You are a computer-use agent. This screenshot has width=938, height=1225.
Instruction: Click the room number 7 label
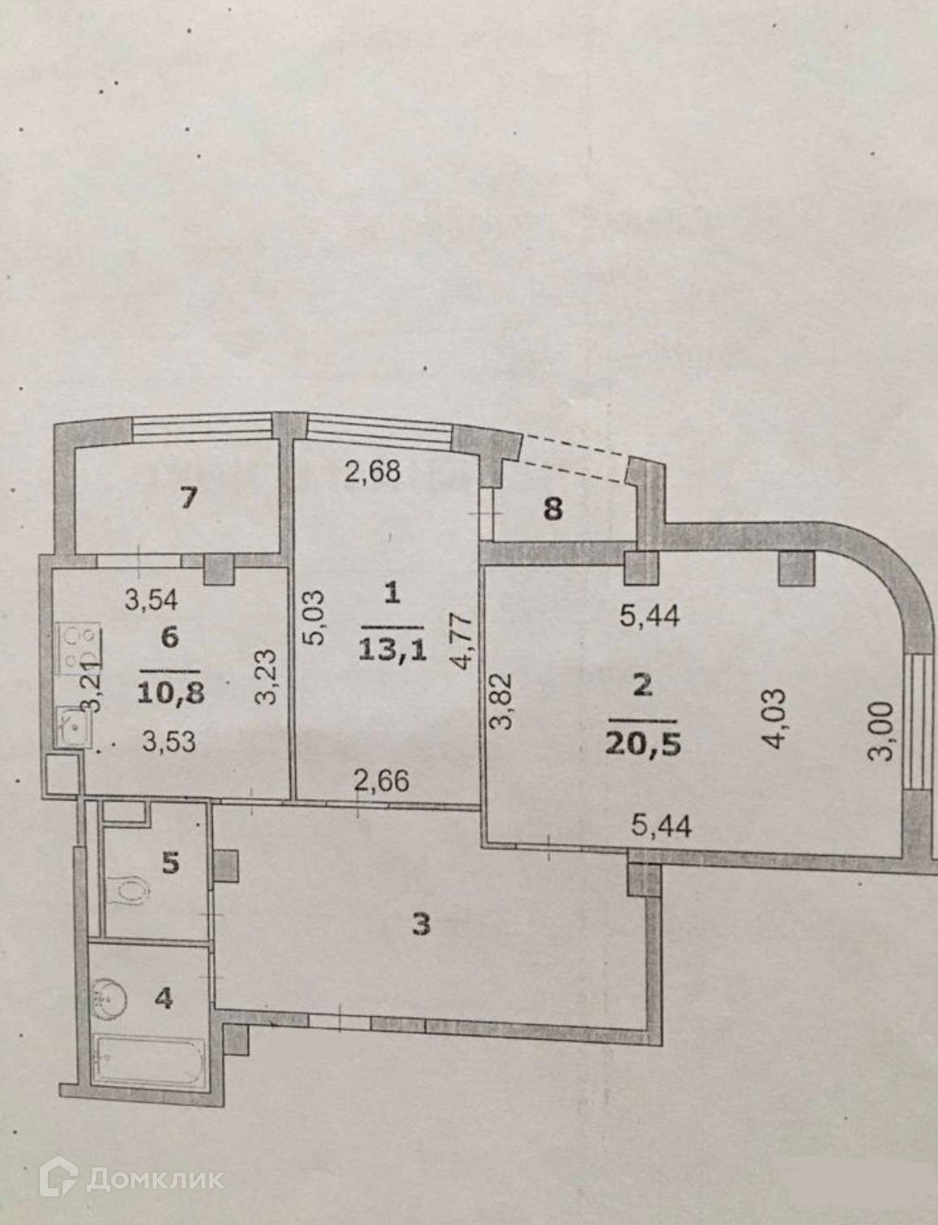pyautogui.click(x=189, y=497)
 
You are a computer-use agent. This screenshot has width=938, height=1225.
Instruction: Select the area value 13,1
pyautogui.click(x=393, y=650)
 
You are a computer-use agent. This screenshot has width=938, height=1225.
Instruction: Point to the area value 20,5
pyautogui.click(x=643, y=744)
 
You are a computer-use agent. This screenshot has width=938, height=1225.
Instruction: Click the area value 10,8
pyautogui.click(x=171, y=693)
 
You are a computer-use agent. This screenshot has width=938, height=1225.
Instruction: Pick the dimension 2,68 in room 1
pyautogui.click(x=372, y=471)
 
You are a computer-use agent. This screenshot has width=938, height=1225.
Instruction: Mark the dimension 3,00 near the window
pyautogui.click(x=882, y=731)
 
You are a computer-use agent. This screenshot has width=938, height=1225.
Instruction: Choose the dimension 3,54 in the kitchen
pyautogui.click(x=151, y=599)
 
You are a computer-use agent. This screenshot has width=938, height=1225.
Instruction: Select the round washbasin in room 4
pyautogui.click(x=111, y=999)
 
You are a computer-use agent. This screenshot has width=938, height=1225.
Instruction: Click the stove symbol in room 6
pyautogui.click(x=79, y=648)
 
